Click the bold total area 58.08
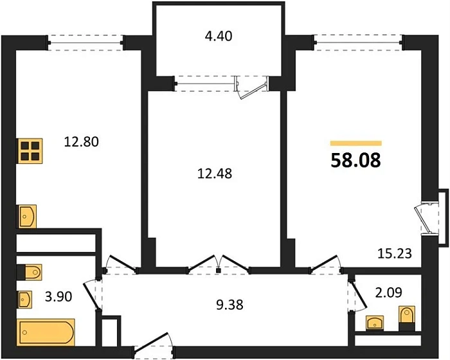click(355, 160)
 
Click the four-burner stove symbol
click(29, 151)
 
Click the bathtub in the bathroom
click(47, 333)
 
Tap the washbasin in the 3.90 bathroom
click(26, 299)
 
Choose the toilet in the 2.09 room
click(406, 318)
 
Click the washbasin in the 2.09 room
click(374, 322)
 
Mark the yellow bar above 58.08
click(355, 143)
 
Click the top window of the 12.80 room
click(86, 42)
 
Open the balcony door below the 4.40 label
click(251, 85)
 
